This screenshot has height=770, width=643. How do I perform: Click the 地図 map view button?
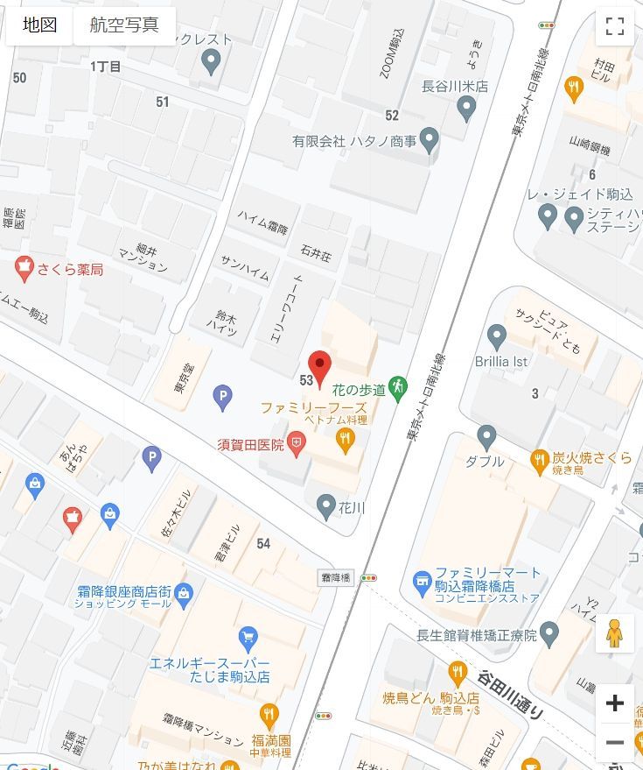(39, 25)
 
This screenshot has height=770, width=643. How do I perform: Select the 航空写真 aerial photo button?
(124, 25)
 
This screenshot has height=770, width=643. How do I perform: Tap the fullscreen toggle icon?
(614, 26)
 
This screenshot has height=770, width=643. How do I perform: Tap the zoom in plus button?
(614, 703)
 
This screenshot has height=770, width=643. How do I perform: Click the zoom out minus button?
(614, 743)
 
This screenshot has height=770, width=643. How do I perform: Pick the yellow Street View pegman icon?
(614, 632)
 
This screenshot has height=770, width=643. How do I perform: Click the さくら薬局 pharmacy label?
(70, 269)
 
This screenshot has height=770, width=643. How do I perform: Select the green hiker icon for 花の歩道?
(398, 386)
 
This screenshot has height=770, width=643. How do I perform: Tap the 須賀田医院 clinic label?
(251, 445)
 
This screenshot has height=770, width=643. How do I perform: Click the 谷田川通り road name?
(511, 695)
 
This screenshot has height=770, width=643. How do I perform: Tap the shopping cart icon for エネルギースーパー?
(248, 636)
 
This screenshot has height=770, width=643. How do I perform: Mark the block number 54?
(263, 544)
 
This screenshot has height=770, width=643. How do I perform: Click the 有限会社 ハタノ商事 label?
(354, 140)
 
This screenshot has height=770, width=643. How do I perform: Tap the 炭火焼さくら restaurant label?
(591, 458)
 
